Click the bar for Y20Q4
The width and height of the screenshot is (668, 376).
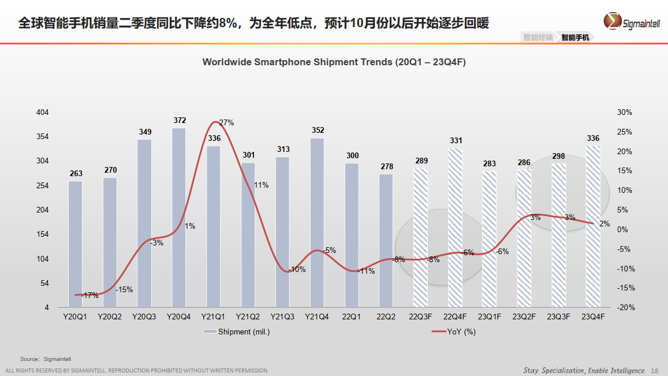click(179, 217)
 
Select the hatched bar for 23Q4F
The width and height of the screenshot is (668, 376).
click(593, 226)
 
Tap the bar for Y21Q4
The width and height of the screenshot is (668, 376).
click(317, 222)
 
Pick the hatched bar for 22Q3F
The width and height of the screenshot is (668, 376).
click(420, 237)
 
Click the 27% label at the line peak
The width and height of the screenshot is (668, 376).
click(226, 122)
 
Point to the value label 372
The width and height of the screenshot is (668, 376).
click(180, 121)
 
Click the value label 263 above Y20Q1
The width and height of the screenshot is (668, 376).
click(76, 173)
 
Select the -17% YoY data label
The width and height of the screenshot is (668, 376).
click(89, 295)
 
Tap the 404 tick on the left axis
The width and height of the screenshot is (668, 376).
click(43, 112)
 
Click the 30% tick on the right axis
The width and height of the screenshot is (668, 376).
click(625, 112)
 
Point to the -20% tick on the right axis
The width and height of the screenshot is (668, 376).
click(624, 307)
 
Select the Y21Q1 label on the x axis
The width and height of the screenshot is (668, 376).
click(214, 317)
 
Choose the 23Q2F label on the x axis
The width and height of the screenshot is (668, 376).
click(524, 317)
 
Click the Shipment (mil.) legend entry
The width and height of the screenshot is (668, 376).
click(237, 332)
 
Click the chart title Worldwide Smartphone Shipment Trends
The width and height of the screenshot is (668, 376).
click(334, 62)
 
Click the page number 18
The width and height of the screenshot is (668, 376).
click(654, 370)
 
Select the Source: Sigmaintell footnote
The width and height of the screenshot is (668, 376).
click(46, 359)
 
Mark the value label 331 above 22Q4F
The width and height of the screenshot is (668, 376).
click(456, 141)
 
